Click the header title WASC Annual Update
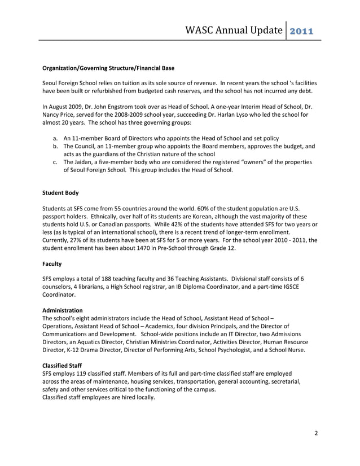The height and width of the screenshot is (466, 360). [234, 29]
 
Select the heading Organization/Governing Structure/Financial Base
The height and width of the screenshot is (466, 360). [108, 68]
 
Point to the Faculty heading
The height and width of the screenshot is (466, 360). [52, 263]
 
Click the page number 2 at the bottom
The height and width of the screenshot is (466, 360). [317, 433]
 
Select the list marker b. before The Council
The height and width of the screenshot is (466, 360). [55, 146]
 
